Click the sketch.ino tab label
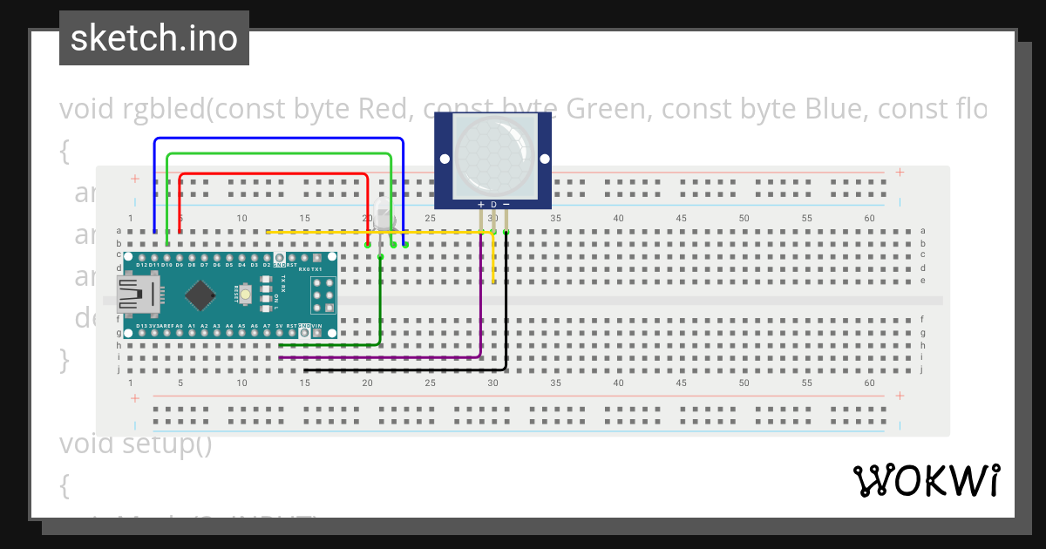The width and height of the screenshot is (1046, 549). [154, 38]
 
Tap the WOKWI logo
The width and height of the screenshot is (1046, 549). [926, 480]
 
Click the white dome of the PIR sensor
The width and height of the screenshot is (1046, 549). [493, 156]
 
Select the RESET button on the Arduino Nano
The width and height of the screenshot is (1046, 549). [247, 295]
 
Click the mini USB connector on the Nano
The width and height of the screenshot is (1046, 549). [138, 295]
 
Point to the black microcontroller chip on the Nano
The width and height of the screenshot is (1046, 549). [200, 295]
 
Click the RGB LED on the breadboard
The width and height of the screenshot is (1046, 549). [384, 220]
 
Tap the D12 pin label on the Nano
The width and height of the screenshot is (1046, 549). [141, 264]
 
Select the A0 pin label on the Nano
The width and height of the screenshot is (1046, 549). [179, 326]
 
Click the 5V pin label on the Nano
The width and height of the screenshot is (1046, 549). [279, 326]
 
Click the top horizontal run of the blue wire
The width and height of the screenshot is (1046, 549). [279, 139]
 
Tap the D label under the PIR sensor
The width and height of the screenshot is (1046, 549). [493, 204]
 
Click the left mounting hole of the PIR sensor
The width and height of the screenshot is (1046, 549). [445, 159]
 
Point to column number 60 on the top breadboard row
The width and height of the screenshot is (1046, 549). [869, 218]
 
